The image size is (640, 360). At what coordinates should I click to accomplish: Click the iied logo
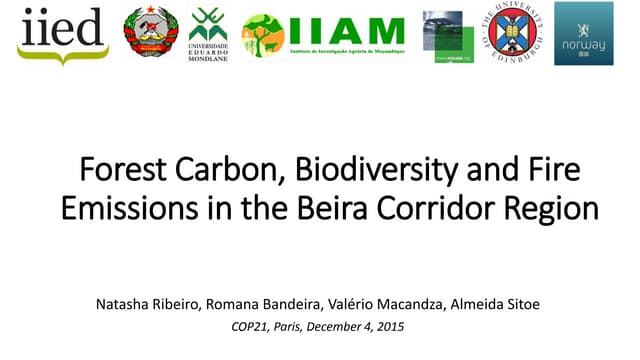point(62,34)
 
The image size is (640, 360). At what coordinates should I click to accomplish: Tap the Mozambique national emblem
point(151,32)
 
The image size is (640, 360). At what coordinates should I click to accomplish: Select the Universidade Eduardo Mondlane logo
point(208,33)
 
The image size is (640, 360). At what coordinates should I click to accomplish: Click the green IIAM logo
point(323,36)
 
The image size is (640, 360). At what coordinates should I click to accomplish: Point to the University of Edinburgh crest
point(516,34)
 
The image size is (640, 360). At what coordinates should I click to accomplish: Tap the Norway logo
point(584,33)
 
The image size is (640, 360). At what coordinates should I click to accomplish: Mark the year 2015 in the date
point(391,327)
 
